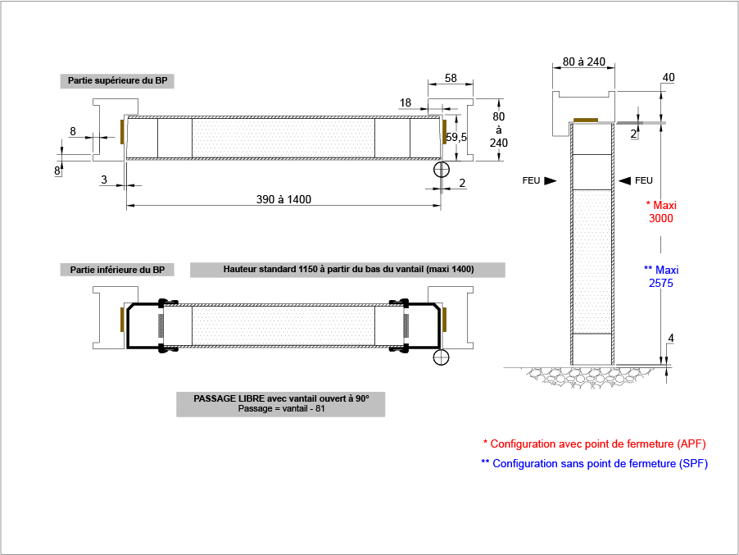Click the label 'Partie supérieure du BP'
point(117,80)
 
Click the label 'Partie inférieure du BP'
point(117,270)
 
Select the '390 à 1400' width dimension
point(283,199)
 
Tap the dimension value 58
point(451,78)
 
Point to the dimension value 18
point(406,102)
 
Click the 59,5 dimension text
point(456,137)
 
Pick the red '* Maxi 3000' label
point(661,212)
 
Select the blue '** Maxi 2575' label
point(661,276)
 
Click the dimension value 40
point(669,77)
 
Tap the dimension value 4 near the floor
point(671,338)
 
